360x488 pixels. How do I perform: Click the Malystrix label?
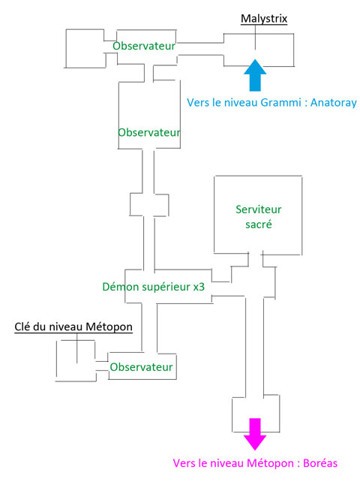tap(264, 19)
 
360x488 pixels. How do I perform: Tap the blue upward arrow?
tap(255, 75)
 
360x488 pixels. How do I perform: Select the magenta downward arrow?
tap(255, 434)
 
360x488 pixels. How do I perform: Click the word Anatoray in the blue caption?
tap(334, 103)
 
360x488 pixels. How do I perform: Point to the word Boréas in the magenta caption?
tap(320, 463)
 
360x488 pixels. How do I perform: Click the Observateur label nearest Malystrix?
tap(144, 46)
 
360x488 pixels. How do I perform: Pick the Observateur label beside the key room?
tap(141, 367)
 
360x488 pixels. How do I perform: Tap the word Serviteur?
tap(258, 209)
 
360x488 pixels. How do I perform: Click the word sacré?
tap(258, 224)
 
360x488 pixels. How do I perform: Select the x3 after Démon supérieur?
tap(199, 287)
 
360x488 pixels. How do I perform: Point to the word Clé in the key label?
tap(22, 327)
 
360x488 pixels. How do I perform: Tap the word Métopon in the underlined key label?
tap(109, 327)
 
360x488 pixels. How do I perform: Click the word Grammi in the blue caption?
tap(280, 103)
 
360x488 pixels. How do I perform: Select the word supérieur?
tap(166, 288)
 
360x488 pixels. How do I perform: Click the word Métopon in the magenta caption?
tap(270, 463)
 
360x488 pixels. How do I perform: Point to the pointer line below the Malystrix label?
tap(255, 37)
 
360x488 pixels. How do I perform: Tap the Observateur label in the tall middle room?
tap(149, 133)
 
